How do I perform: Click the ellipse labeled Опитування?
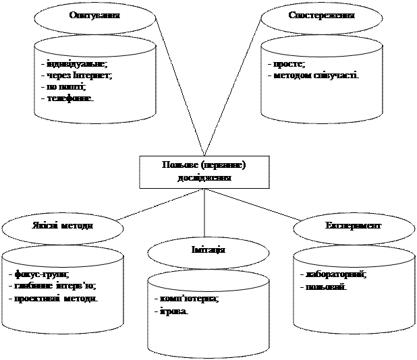[x=94, y=15]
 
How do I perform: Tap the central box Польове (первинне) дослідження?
[x=204, y=172]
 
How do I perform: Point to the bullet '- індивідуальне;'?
[x=74, y=64]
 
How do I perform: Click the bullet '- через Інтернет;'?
[x=76, y=76]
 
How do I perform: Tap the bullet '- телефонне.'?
[x=67, y=98]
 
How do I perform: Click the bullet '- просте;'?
[x=286, y=64]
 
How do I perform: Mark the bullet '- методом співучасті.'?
[x=313, y=76]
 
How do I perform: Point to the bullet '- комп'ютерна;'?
[x=187, y=299]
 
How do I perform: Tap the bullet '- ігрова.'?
[x=171, y=311]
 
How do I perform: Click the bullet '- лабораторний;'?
[x=333, y=275]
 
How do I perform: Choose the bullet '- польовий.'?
[x=323, y=287]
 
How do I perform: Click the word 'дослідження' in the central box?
[x=204, y=179]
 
